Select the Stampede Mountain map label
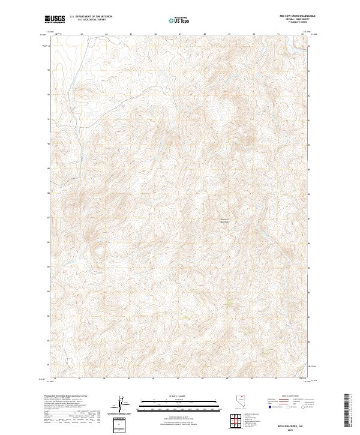[223, 221]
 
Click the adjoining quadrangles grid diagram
[236, 421]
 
